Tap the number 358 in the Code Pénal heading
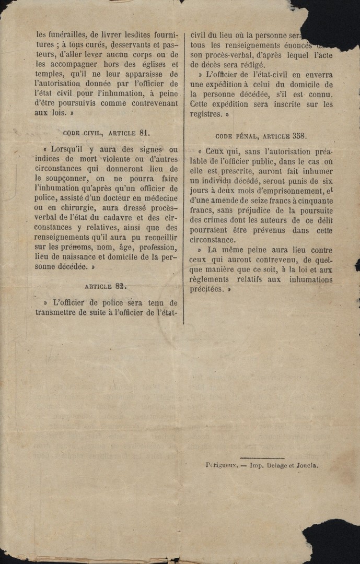click(299, 136)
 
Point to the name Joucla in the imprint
click(307, 465)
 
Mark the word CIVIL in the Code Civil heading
click(101, 133)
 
